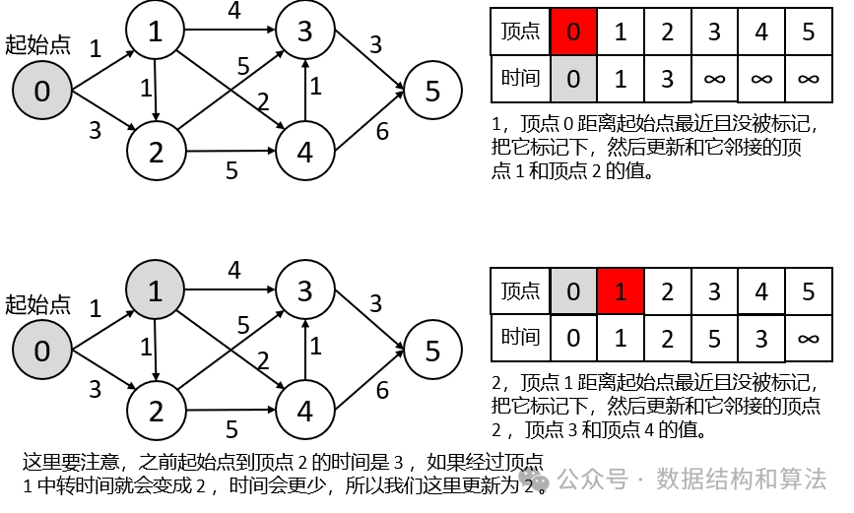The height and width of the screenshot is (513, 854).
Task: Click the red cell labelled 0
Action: (x=572, y=32)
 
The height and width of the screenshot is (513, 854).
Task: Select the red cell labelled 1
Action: (x=620, y=292)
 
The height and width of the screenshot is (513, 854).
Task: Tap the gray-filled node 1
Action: (x=155, y=292)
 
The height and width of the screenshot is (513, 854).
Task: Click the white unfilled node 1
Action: (x=155, y=32)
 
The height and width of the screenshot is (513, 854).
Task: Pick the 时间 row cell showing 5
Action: (x=714, y=338)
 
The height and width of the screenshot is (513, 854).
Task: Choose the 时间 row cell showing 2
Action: (x=667, y=338)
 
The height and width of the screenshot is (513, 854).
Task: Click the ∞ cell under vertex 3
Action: (x=714, y=79)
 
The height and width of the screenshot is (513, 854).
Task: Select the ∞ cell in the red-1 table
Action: (x=809, y=338)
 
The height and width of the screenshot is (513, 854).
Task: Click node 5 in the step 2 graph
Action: (x=431, y=350)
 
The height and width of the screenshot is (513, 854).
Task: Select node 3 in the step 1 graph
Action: (x=304, y=32)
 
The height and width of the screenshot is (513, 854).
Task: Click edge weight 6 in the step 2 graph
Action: (x=382, y=390)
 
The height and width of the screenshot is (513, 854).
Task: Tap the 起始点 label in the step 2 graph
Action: (x=37, y=304)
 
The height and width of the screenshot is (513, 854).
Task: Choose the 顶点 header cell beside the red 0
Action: (x=520, y=32)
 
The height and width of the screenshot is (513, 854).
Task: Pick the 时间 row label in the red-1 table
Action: (x=520, y=338)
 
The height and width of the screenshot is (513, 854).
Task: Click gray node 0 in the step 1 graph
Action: (x=41, y=92)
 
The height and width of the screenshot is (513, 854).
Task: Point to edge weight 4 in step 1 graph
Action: (x=233, y=11)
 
